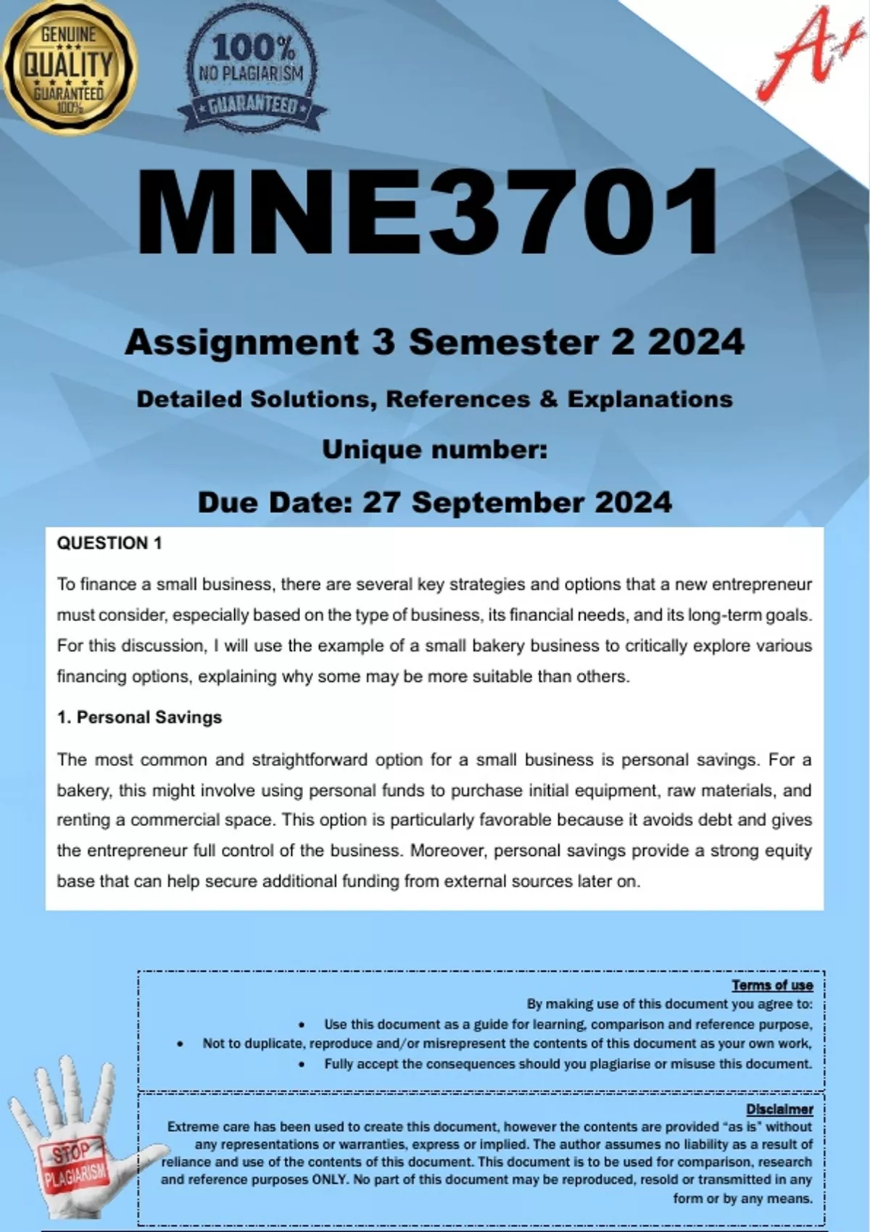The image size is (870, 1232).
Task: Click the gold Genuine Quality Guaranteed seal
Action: coord(69,67)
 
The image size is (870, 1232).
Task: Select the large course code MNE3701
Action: coord(428,212)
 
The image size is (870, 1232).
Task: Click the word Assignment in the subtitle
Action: coord(242,342)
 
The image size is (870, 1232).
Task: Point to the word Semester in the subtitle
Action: coord(505,342)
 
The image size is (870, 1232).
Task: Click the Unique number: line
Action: coord(434,450)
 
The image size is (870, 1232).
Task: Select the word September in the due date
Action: coord(498,502)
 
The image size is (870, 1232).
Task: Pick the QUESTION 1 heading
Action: coord(109,543)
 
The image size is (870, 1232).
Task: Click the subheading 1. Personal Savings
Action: coord(139,717)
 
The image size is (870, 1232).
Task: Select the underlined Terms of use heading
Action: coord(772,985)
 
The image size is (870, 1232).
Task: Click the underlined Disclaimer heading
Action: coord(779,1109)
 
